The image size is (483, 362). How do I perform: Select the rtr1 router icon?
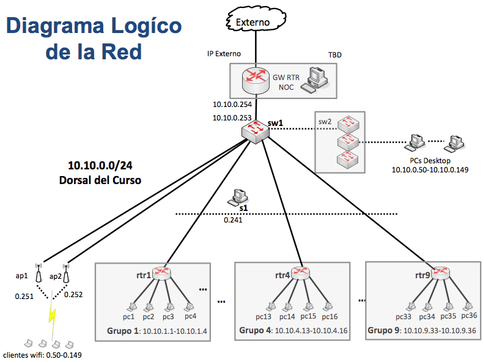(x=162, y=274)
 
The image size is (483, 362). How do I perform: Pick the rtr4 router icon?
(x=301, y=273)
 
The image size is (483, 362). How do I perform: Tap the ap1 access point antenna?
(x=39, y=272)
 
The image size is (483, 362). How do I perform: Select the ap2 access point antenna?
(x=66, y=273)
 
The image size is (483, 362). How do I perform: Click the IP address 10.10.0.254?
(x=232, y=105)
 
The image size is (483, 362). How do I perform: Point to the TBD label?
(x=334, y=55)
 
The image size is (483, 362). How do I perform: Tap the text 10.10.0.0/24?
(x=100, y=166)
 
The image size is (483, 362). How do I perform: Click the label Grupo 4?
(x=255, y=330)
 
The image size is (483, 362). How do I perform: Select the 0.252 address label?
(x=73, y=294)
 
